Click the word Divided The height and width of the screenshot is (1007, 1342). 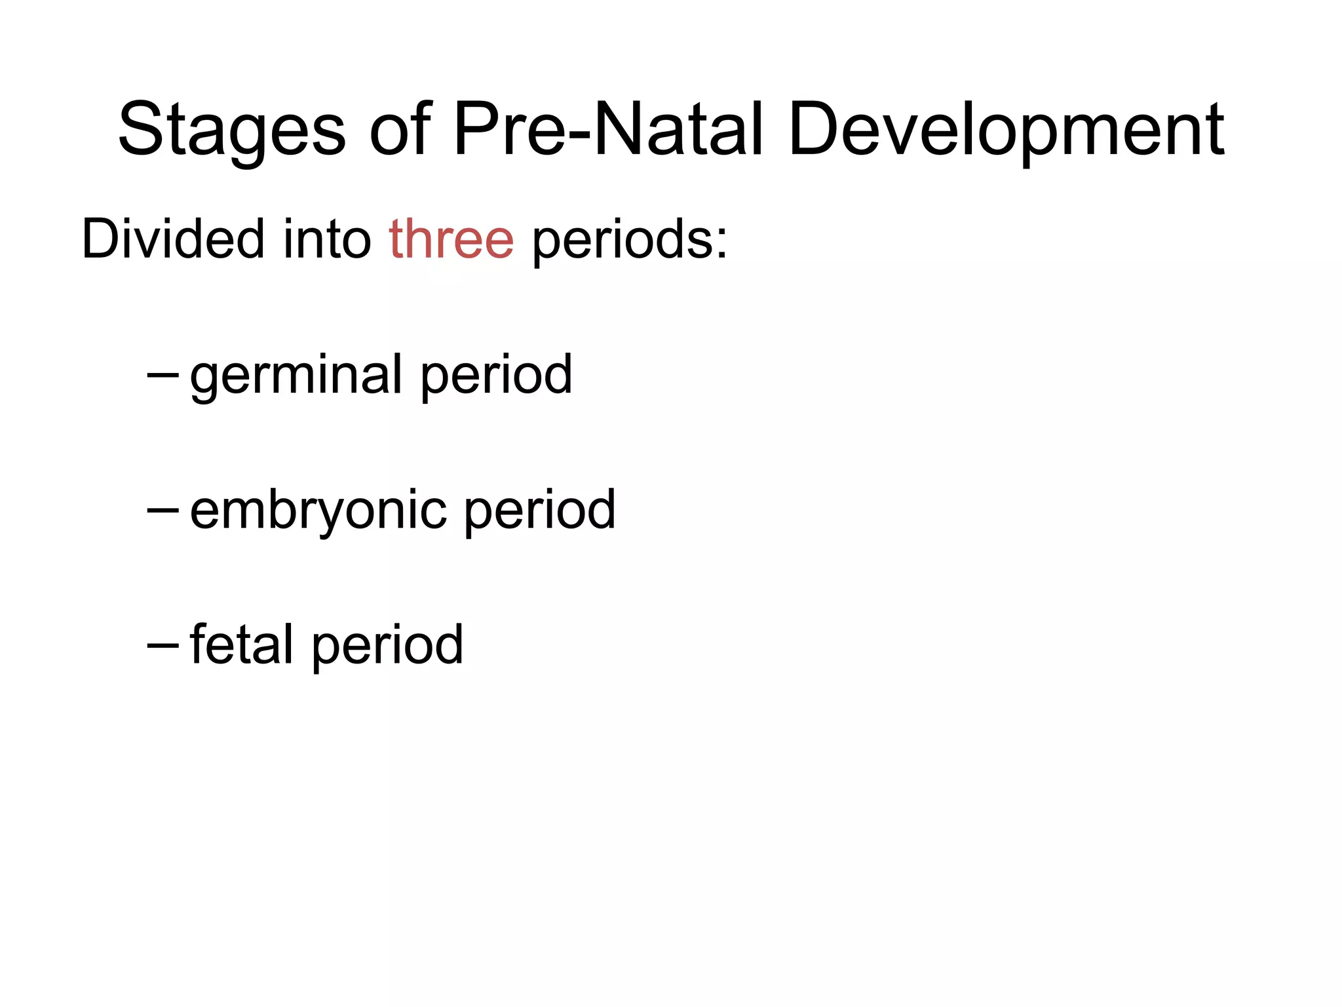[172, 239]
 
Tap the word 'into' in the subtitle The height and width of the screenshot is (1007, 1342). [327, 239]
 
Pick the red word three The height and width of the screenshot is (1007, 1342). [451, 239]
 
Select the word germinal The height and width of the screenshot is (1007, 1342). [296, 376]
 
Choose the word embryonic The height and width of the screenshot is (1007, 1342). [318, 511]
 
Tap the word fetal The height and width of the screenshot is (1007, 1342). [242, 644]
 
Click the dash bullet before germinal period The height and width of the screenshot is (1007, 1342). [163, 376]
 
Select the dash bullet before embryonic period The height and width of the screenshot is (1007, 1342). [163, 510]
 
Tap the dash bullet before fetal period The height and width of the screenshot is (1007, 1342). [163, 645]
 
